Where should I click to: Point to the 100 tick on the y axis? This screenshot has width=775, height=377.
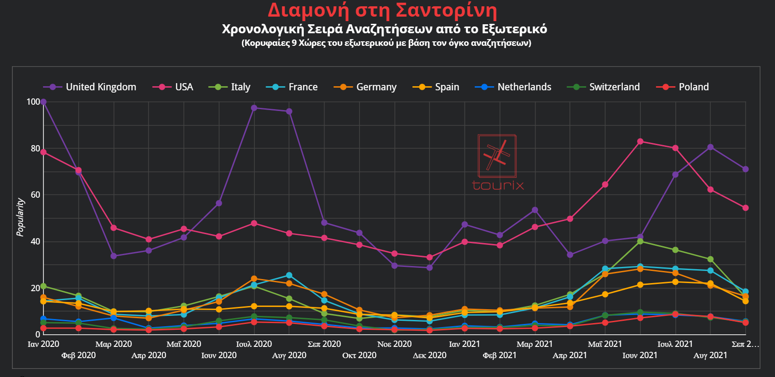click(x=33, y=102)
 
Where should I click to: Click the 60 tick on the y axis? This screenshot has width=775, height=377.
click(x=35, y=195)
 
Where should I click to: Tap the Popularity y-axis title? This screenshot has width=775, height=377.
click(x=20, y=217)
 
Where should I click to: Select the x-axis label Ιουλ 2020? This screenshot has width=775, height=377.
click(x=254, y=344)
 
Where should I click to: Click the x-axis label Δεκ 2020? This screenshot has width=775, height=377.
click(x=429, y=355)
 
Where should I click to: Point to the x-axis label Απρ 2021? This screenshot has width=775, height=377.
click(x=570, y=355)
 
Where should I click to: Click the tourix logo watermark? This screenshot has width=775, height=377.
click(x=497, y=162)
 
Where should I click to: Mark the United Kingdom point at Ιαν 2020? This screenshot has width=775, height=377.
click(x=44, y=102)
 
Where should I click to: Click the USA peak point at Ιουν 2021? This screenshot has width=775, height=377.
click(x=640, y=142)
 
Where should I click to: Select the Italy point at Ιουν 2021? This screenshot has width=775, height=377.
click(x=640, y=241)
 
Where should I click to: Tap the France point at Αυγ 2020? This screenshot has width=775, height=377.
click(x=289, y=275)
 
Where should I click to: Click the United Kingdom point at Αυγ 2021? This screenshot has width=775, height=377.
click(x=710, y=147)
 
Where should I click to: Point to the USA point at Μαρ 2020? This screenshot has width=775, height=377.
click(x=114, y=228)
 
